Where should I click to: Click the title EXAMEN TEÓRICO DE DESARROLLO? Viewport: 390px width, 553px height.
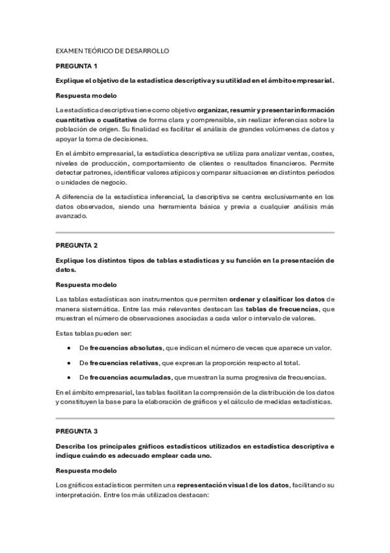pyautogui.click(x=113, y=50)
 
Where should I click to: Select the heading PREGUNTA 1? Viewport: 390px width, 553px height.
pyautogui.click(x=77, y=66)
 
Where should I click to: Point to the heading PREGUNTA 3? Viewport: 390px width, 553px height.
pyautogui.click(x=77, y=431)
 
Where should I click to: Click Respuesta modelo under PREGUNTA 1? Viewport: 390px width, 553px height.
pyautogui.click(x=86, y=95)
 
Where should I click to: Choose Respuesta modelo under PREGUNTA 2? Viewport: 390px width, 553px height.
pyautogui.click(x=86, y=284)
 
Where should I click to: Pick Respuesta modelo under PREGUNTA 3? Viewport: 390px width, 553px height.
pyautogui.click(x=86, y=470)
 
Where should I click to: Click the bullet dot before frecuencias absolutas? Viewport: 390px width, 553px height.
pyautogui.click(x=69, y=348)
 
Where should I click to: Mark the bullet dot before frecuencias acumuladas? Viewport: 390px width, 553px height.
pyautogui.click(x=69, y=378)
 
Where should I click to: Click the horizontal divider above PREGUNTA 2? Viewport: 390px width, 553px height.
pyautogui.click(x=195, y=232)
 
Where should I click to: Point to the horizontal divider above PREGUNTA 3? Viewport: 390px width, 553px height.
pyautogui.click(x=195, y=417)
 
